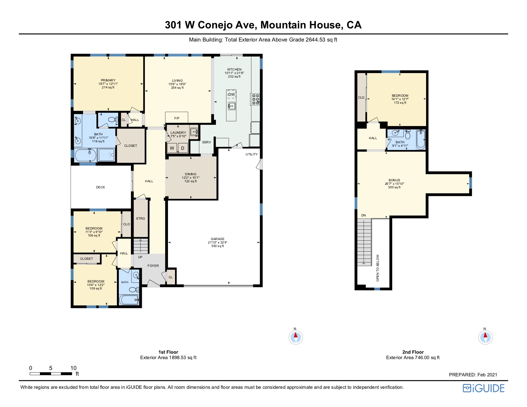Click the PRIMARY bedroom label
tap(108, 80)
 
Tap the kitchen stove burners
tap(256, 99)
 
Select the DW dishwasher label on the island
tap(231, 94)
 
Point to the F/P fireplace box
tap(177, 117)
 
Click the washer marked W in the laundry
tap(172, 148)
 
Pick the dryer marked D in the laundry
tap(183, 148)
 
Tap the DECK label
tap(101, 187)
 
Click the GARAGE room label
tap(218, 239)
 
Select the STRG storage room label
tap(141, 218)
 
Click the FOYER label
tap(153, 266)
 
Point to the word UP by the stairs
tap(140, 257)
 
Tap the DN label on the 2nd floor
tap(363, 215)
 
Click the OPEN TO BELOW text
tap(378, 268)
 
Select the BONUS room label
tap(394, 180)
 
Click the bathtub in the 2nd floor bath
tap(421, 139)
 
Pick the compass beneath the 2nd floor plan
tap(485, 337)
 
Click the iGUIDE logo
tap(484, 388)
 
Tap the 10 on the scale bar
tap(73, 368)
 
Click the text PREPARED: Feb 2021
tap(473, 374)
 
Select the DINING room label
tap(191, 174)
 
